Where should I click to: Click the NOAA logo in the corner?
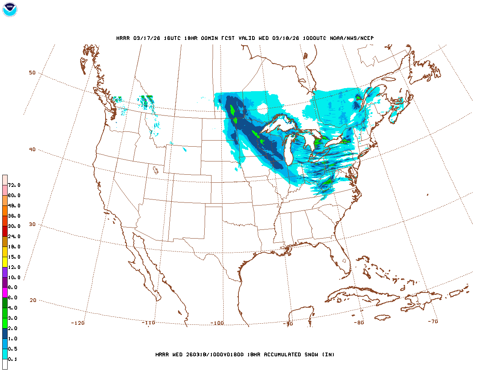tap(9, 9)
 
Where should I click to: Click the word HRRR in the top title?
tap(123, 38)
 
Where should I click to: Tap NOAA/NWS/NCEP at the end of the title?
tap(352, 38)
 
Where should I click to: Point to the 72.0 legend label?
tap(14, 185)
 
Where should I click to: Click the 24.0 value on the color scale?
tap(14, 236)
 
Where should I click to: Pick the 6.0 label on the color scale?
tap(13, 298)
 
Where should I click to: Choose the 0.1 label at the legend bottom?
tap(13, 359)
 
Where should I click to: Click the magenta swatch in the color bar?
tap(5, 293)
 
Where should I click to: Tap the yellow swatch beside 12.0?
tap(5, 262)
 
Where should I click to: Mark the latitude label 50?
tap(32, 73)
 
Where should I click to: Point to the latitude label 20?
tap(33, 300)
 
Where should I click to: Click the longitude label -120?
tap(77, 323)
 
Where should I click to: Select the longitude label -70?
tap(433, 321)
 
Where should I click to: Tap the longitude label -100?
tap(217, 323)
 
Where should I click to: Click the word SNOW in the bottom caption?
tap(311, 354)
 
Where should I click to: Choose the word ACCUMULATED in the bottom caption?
tap(282, 354)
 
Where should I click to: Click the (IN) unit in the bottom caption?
tap(328, 354)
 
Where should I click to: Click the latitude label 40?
tap(32, 149)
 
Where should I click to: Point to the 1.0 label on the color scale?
tap(13, 338)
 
